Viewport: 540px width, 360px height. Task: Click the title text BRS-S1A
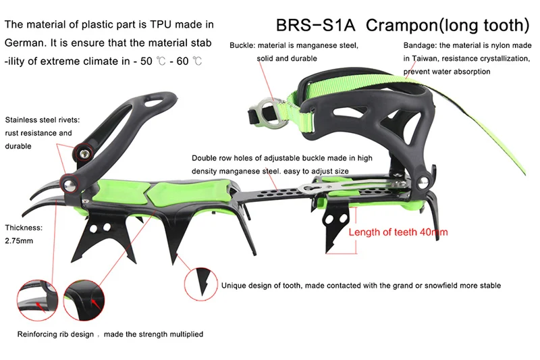(x=314, y=25)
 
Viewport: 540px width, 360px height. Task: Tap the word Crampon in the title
(x=397, y=25)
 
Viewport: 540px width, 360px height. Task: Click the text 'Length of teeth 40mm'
(x=398, y=232)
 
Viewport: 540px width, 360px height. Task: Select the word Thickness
(x=24, y=228)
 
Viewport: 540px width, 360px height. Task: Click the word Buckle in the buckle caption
(x=241, y=45)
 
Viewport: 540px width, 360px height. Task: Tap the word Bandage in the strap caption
(x=420, y=45)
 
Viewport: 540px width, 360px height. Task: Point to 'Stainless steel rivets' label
(x=42, y=120)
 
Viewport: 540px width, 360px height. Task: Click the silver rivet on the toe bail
(x=423, y=180)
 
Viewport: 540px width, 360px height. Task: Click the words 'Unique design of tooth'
(x=261, y=285)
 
